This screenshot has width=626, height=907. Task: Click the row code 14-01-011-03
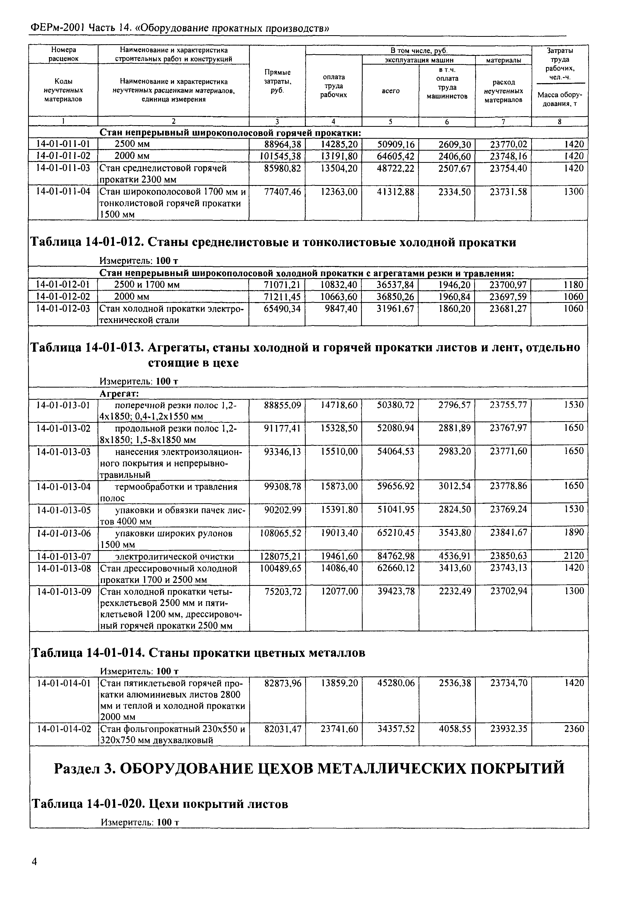coord(63,168)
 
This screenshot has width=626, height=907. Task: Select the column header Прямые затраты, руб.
coord(277,81)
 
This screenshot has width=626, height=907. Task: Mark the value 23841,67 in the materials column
coord(508,532)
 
